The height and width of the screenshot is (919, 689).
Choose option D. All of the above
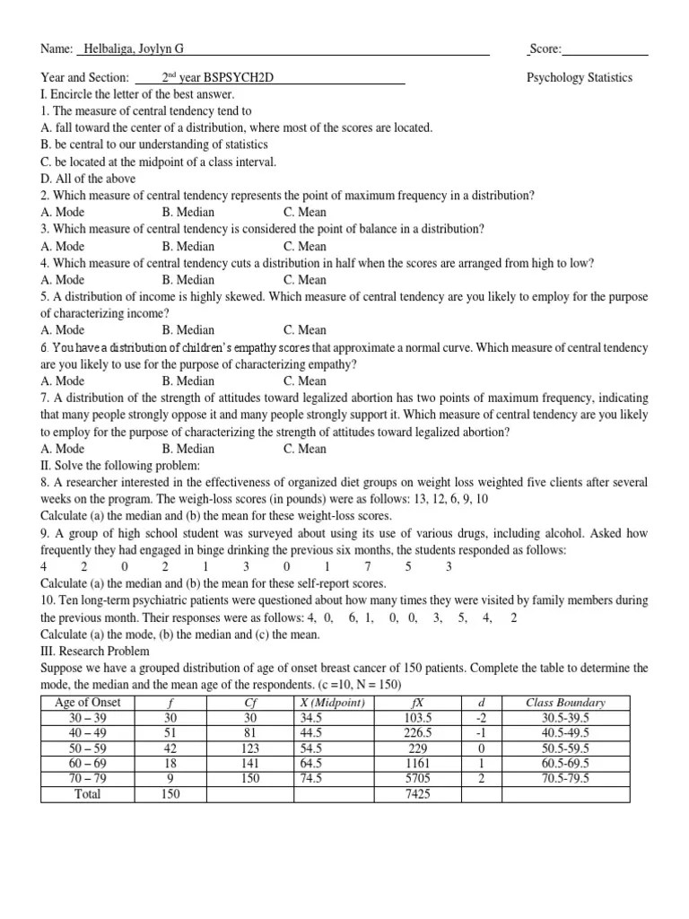(x=88, y=179)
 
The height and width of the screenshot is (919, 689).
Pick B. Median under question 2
(x=189, y=212)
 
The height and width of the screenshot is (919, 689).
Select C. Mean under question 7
(x=305, y=448)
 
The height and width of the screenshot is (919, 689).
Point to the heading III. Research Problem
(x=95, y=651)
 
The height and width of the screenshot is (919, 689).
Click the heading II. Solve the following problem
(x=120, y=465)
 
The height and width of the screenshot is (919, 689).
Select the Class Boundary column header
(x=565, y=702)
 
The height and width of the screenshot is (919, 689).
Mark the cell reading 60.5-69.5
(x=565, y=763)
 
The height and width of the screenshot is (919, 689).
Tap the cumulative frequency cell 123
(x=250, y=748)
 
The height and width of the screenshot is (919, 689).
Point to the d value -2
(x=482, y=717)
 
